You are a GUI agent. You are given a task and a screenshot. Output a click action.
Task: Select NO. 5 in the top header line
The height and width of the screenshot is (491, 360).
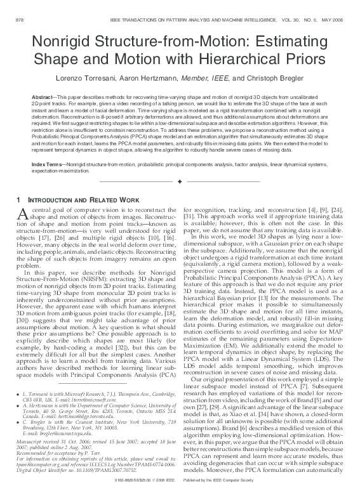click(x=305, y=20)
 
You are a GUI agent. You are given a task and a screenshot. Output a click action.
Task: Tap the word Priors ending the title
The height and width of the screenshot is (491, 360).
click(x=300, y=60)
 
